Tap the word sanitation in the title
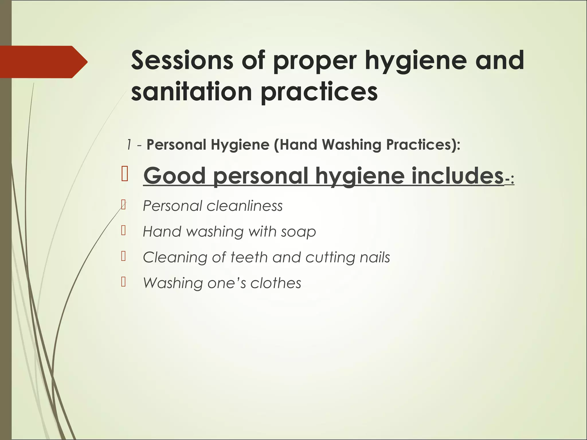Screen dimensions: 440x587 point(191,92)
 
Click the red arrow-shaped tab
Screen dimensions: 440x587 point(43,62)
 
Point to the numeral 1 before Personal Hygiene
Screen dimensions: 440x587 point(129,145)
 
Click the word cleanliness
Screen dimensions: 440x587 point(244,206)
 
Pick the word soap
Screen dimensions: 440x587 point(298,231)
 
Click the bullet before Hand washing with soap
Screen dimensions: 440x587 point(124,231)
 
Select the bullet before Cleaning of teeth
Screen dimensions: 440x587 point(124,256)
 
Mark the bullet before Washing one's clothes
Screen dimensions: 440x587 point(124,282)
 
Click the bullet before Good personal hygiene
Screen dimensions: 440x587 point(125,175)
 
